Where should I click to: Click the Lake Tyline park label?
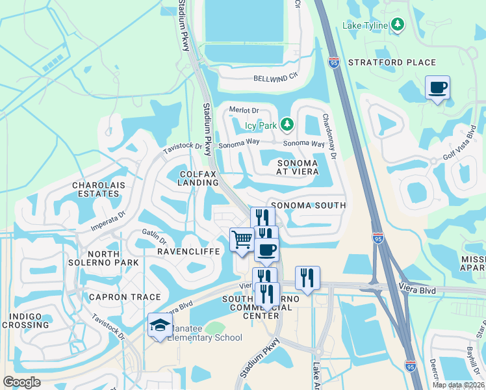(366, 25)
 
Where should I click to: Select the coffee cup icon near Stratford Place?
(437, 87)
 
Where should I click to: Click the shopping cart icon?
(242, 239)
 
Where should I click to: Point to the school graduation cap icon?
(159, 326)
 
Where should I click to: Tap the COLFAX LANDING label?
(198, 178)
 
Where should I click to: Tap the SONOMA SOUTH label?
(308, 205)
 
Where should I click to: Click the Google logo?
(22, 382)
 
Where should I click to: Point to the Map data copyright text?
(457, 385)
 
